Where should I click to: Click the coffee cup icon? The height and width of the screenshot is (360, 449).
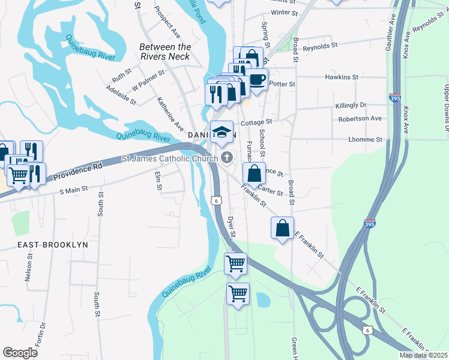(x=258, y=80)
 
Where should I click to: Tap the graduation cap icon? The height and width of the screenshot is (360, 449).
(x=221, y=131)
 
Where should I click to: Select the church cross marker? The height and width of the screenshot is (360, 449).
(x=227, y=158)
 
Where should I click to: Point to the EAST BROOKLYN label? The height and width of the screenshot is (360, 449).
(x=52, y=245)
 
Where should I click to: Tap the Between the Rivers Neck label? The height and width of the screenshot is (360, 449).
(x=164, y=52)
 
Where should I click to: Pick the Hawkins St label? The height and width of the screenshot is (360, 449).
(x=341, y=77)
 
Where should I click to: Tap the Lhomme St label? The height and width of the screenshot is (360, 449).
(x=365, y=139)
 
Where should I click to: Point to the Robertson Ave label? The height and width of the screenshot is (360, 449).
(x=360, y=119)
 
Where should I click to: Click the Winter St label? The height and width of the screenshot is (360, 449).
(x=284, y=12)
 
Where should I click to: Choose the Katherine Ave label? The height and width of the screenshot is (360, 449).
(x=170, y=114)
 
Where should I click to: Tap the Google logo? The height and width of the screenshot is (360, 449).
(x=20, y=353)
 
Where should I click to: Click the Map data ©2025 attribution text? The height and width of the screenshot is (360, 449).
(x=423, y=355)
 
